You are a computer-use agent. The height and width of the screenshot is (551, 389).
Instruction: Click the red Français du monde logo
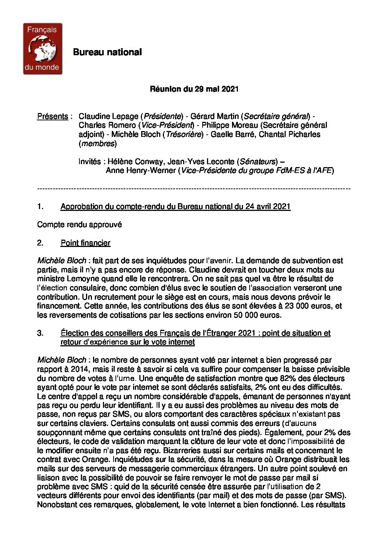coord(43,49)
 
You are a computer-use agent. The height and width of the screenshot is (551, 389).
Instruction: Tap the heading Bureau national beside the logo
coord(107,52)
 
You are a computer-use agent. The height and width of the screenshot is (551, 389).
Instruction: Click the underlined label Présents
coord(53,116)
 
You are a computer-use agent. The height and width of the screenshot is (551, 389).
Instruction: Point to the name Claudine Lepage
coord(108,116)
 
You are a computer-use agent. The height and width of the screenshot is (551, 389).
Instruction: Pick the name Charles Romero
coord(107,126)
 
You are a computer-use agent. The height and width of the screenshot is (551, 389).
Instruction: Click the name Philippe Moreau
coord(230,126)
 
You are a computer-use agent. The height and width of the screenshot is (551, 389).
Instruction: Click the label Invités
coord(89,162)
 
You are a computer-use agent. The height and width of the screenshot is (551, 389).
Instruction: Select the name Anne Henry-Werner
coord(141,170)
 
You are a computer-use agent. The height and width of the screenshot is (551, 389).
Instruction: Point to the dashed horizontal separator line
coord(194,189)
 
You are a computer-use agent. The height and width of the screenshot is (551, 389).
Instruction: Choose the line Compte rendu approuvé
coord(79,225)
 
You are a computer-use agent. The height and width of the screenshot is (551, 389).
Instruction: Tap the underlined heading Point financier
coord(85,243)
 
